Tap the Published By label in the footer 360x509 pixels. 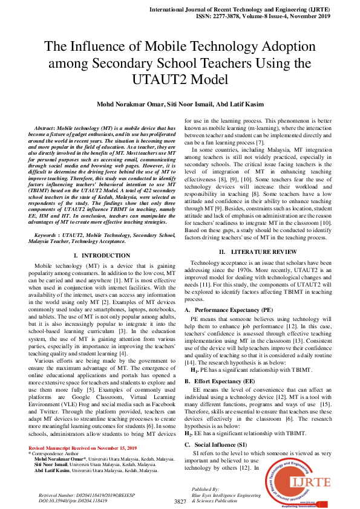[x=205, y=488]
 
